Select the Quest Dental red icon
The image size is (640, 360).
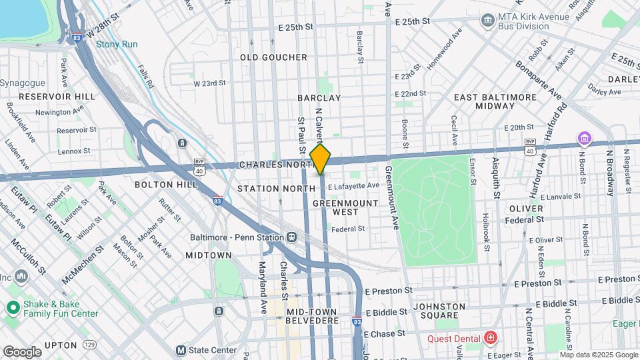pos(491,338)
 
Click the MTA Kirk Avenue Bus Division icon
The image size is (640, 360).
pos(487,21)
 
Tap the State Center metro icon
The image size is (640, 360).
pos(180,350)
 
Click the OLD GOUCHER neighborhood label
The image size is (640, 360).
pos(273,58)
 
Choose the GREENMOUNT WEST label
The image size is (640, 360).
pos(345,207)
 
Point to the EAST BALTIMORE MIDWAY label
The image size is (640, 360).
pos(495,101)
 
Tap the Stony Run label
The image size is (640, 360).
pos(117,45)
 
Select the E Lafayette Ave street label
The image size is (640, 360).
pos(354,185)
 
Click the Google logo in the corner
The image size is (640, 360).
pos(22,351)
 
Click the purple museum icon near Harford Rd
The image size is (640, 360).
pos(585,138)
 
